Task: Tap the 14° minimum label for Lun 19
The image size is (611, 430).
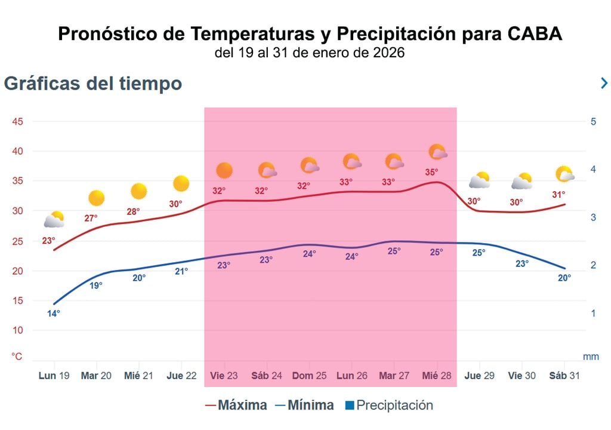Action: [54, 313]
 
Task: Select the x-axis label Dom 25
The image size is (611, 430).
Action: [309, 376]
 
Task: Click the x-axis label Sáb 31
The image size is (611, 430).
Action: [564, 376]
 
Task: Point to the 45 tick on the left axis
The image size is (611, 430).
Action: [18, 122]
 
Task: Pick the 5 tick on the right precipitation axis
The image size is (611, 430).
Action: [594, 122]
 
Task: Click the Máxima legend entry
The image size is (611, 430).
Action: [236, 406]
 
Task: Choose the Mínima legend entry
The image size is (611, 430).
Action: [304, 406]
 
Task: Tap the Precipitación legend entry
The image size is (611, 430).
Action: [389, 406]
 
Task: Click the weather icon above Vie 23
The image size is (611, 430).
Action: [224, 171]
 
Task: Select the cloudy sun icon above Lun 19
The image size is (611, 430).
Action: [54, 220]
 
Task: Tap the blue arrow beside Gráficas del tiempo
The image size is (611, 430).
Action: [604, 84]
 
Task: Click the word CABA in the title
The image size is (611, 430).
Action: [535, 35]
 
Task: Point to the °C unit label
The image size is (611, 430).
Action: [17, 357]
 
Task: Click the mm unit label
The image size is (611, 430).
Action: [591, 357]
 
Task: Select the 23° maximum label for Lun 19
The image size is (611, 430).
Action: [48, 241]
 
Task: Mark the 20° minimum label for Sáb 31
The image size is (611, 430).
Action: [564, 277]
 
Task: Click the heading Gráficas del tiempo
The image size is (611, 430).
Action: [93, 84]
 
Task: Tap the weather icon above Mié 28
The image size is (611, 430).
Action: [438, 152]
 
